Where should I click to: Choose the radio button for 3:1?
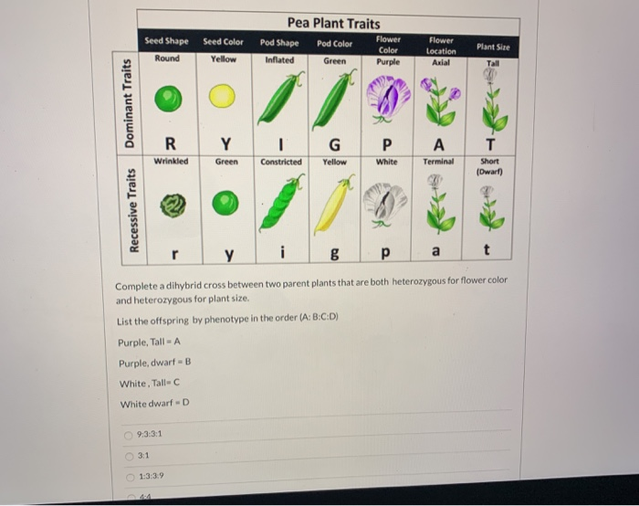tap(130, 456)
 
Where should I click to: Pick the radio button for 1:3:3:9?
tap(130, 477)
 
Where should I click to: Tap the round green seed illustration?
tap(167, 98)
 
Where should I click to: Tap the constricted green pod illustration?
tap(279, 204)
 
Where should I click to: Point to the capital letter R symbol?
tap(169, 143)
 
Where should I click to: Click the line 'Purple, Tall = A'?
tap(146, 343)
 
